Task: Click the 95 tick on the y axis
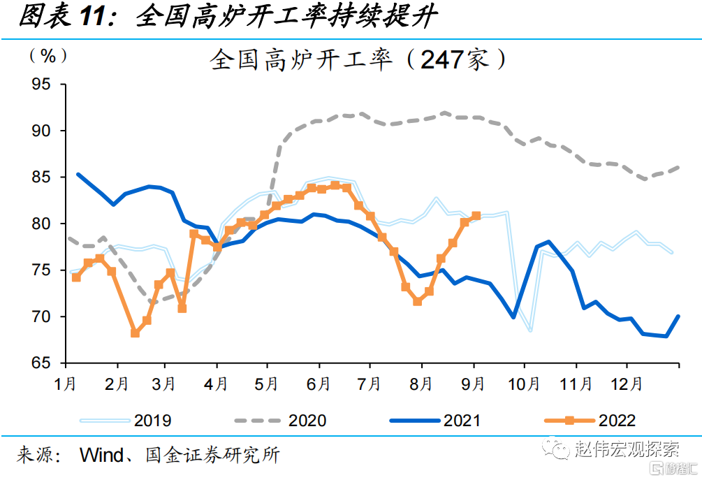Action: click(x=63, y=84)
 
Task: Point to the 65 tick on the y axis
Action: click(x=63, y=363)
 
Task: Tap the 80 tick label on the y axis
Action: click(x=41, y=224)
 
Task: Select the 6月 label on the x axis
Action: click(x=319, y=384)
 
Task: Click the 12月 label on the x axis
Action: click(x=627, y=384)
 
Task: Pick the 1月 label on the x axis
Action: click(x=66, y=384)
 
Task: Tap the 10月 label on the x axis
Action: click(x=524, y=384)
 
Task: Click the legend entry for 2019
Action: click(x=126, y=421)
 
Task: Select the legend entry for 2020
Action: click(x=281, y=421)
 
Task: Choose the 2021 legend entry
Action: click(x=435, y=421)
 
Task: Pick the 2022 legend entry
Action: click(x=590, y=421)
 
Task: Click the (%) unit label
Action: click(x=48, y=56)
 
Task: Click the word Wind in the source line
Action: click(x=101, y=455)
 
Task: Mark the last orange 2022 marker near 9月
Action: click(x=476, y=216)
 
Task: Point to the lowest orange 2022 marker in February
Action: click(x=135, y=333)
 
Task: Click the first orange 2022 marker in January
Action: click(x=76, y=277)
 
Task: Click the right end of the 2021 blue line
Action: click(x=679, y=316)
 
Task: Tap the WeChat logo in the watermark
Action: click(x=556, y=448)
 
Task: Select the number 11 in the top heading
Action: click(x=93, y=17)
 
